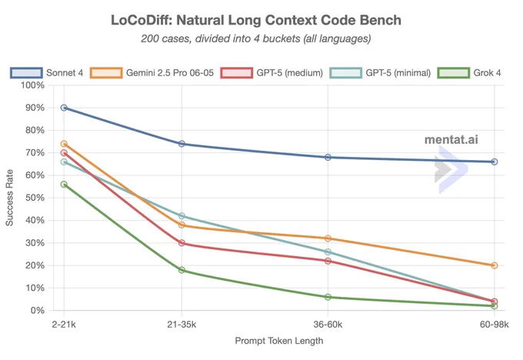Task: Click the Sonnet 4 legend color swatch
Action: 26,73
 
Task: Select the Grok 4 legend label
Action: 487,73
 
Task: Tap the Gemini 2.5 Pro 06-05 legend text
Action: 170,73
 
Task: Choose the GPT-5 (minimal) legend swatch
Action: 345,73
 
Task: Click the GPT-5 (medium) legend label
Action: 289,73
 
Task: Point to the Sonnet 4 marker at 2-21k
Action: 64,108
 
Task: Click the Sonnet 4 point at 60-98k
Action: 495,162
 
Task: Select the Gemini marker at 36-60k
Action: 328,238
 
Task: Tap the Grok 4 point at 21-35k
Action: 182,270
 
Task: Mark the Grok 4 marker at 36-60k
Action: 328,297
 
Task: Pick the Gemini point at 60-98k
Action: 495,265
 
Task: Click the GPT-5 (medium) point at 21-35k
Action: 182,243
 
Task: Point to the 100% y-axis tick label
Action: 32,85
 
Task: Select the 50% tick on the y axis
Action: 35,198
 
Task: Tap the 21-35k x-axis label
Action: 182,325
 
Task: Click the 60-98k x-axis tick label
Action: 495,325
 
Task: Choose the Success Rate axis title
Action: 9,198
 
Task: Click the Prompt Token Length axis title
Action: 279,341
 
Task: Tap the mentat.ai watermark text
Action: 451,139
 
